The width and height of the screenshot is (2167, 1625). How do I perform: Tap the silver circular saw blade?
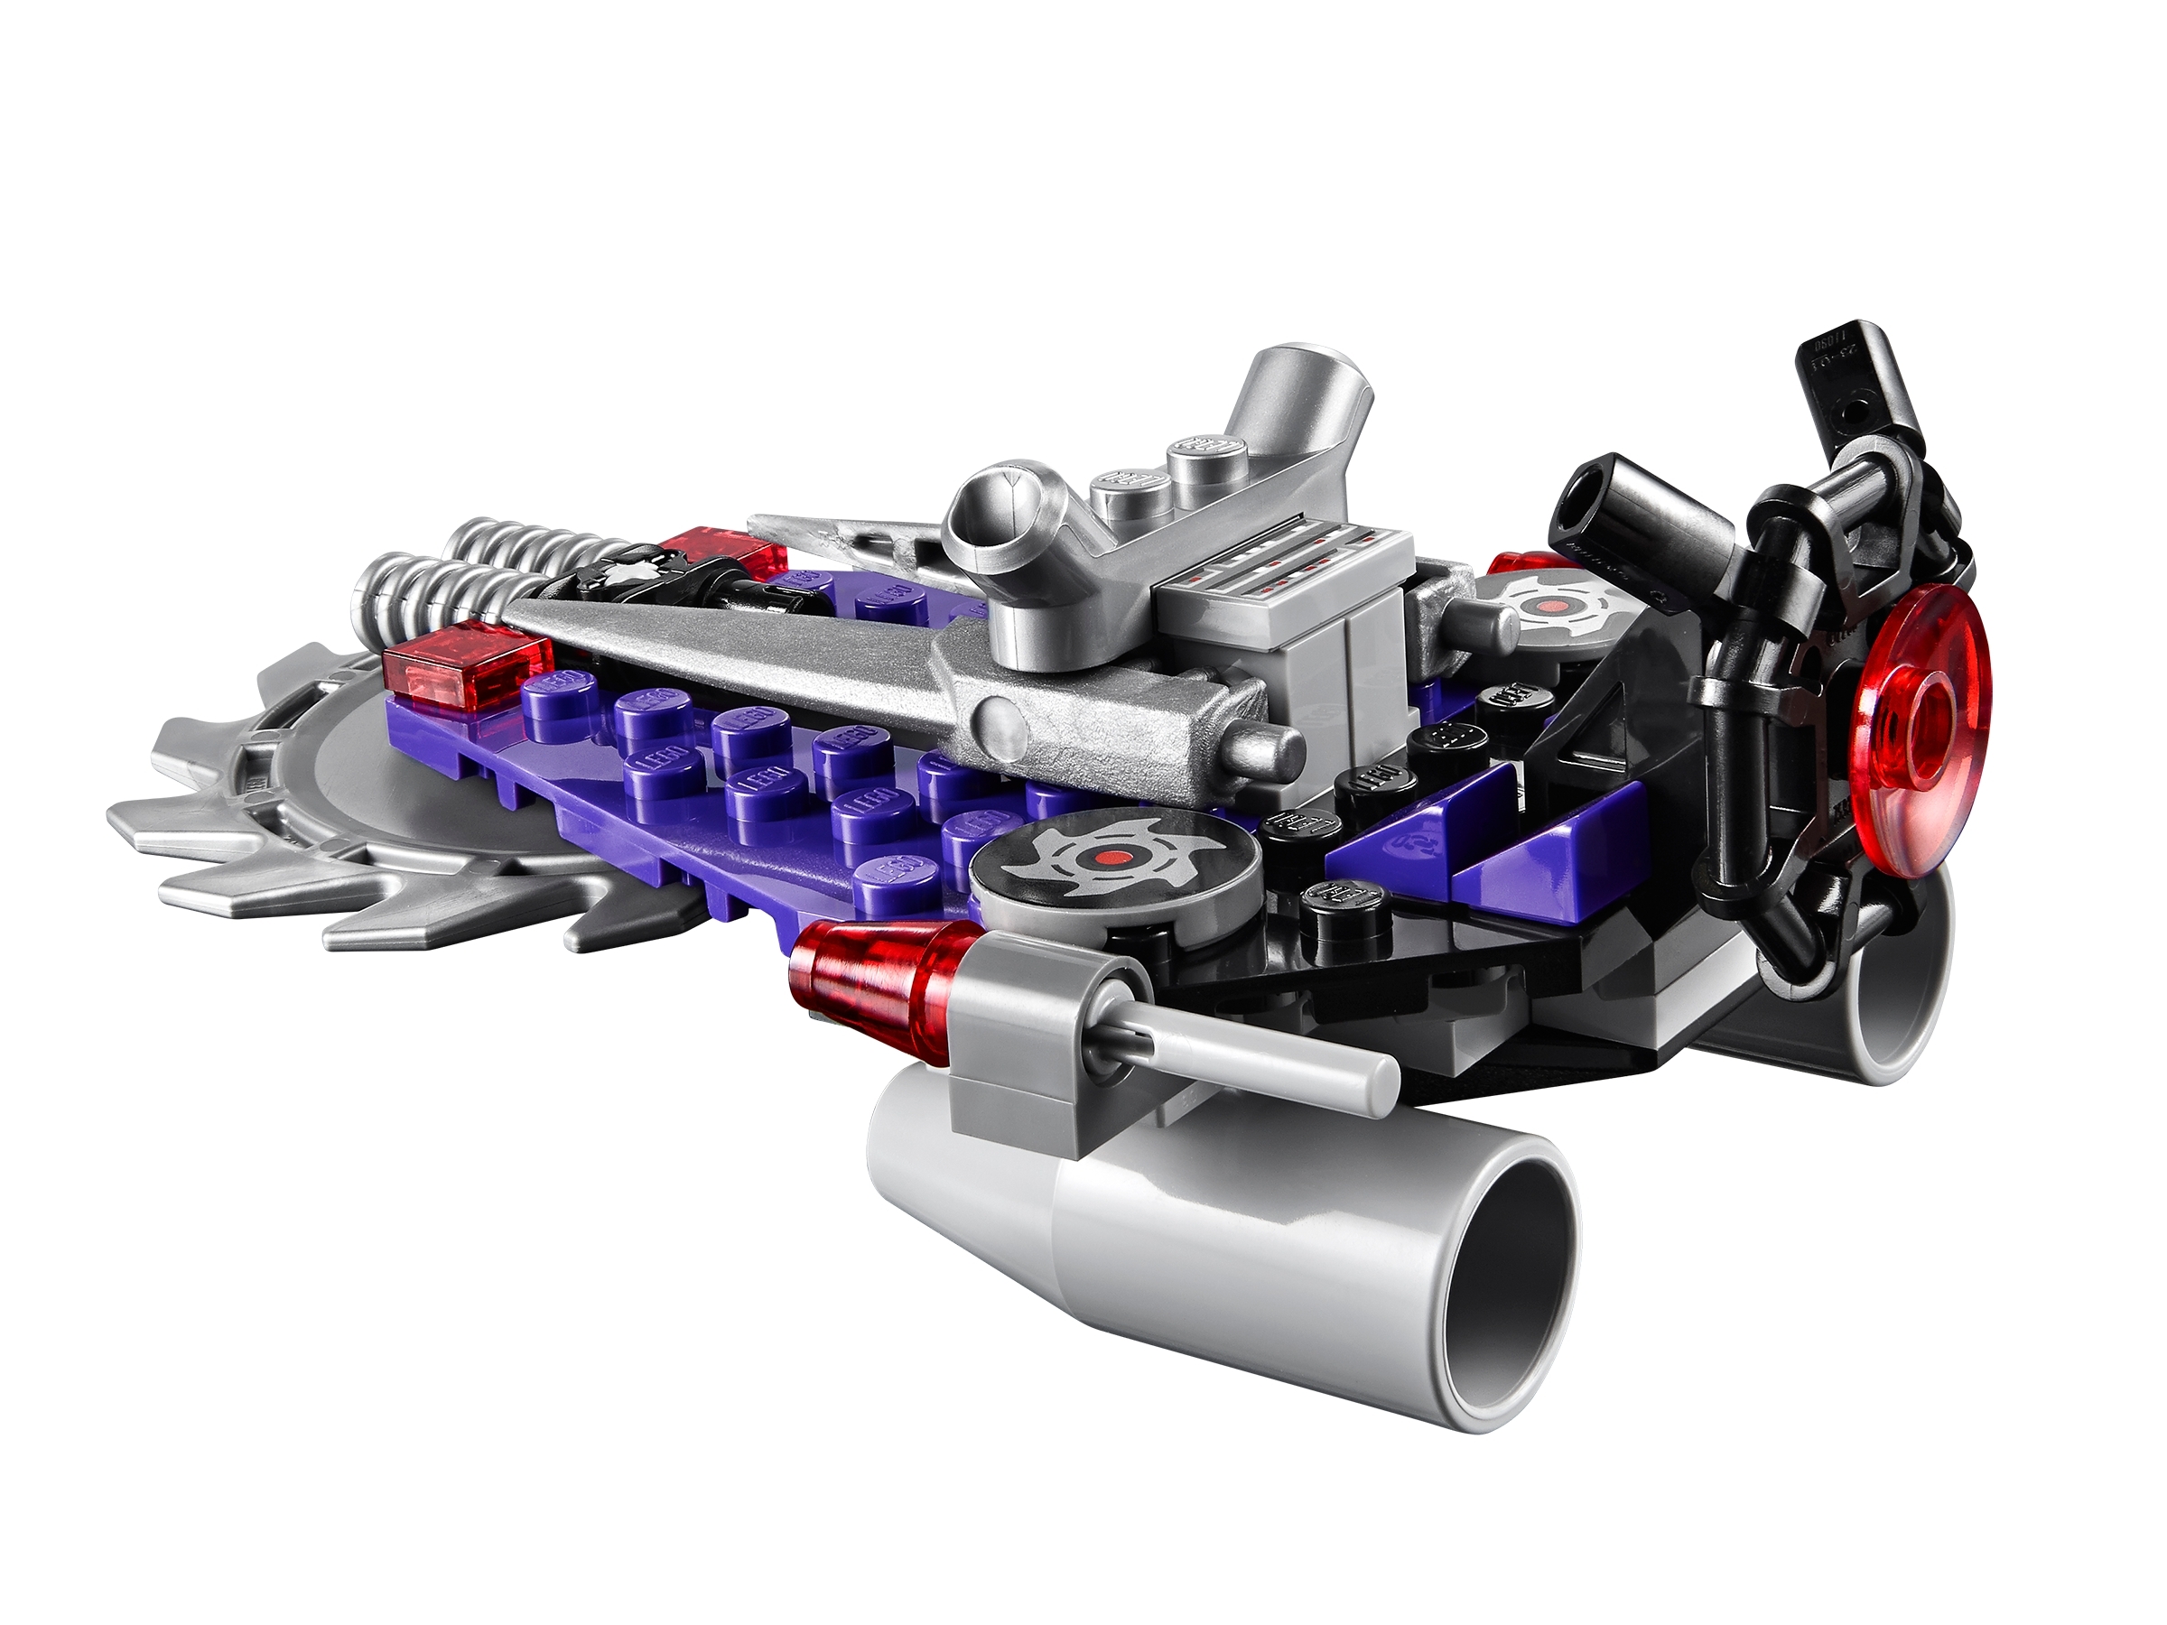(x=323, y=842)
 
